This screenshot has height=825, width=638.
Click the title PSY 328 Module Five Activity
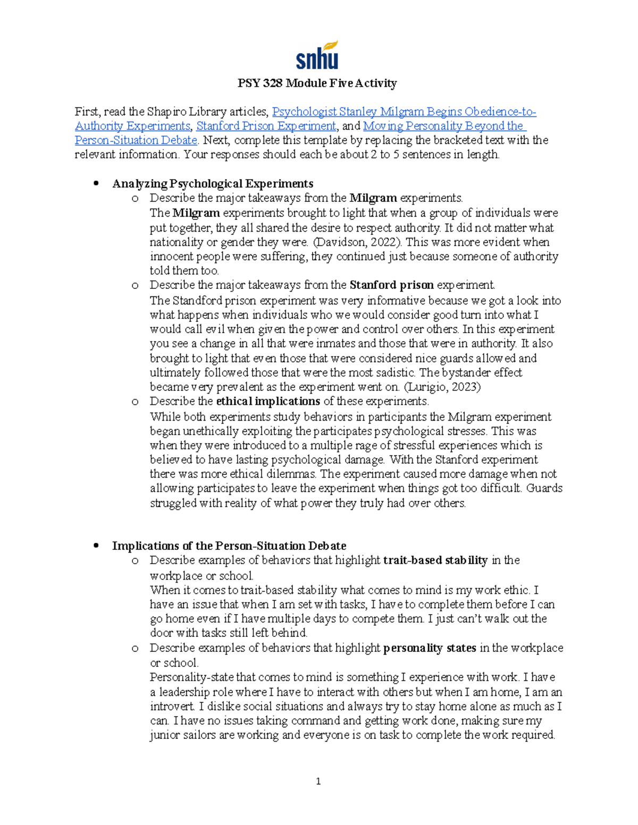(x=317, y=83)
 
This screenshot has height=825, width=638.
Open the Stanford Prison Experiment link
(x=266, y=126)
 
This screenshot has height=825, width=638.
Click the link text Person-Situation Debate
(x=136, y=141)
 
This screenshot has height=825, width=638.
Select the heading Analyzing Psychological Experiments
(x=213, y=184)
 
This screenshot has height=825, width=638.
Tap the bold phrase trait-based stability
(x=435, y=560)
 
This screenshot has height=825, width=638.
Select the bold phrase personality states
(x=430, y=648)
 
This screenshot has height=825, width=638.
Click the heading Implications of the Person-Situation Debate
(x=229, y=546)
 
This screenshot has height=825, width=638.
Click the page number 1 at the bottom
(x=318, y=781)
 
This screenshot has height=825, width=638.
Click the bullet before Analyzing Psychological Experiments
(x=96, y=184)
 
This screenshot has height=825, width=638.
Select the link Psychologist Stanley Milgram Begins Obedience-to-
(x=404, y=112)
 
